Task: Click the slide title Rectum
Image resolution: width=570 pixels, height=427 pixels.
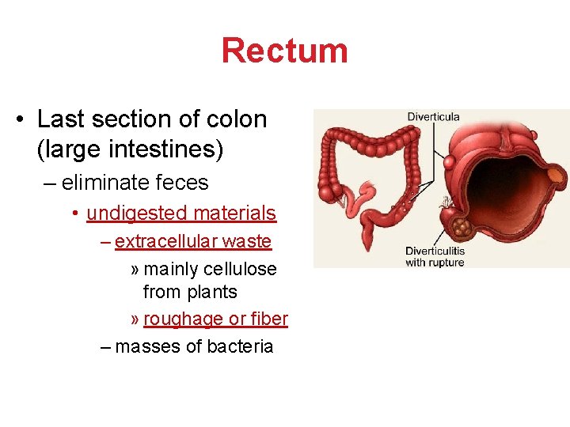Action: click(x=284, y=51)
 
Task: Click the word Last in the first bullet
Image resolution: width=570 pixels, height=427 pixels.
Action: click(x=58, y=119)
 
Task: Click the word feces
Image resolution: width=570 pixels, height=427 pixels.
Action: click(x=181, y=183)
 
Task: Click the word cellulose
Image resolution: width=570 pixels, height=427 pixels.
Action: click(x=240, y=269)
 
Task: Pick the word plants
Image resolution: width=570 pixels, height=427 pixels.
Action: click(x=211, y=292)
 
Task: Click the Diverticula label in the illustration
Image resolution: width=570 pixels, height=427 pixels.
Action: click(x=433, y=117)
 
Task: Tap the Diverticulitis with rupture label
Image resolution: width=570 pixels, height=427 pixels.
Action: click(x=435, y=256)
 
